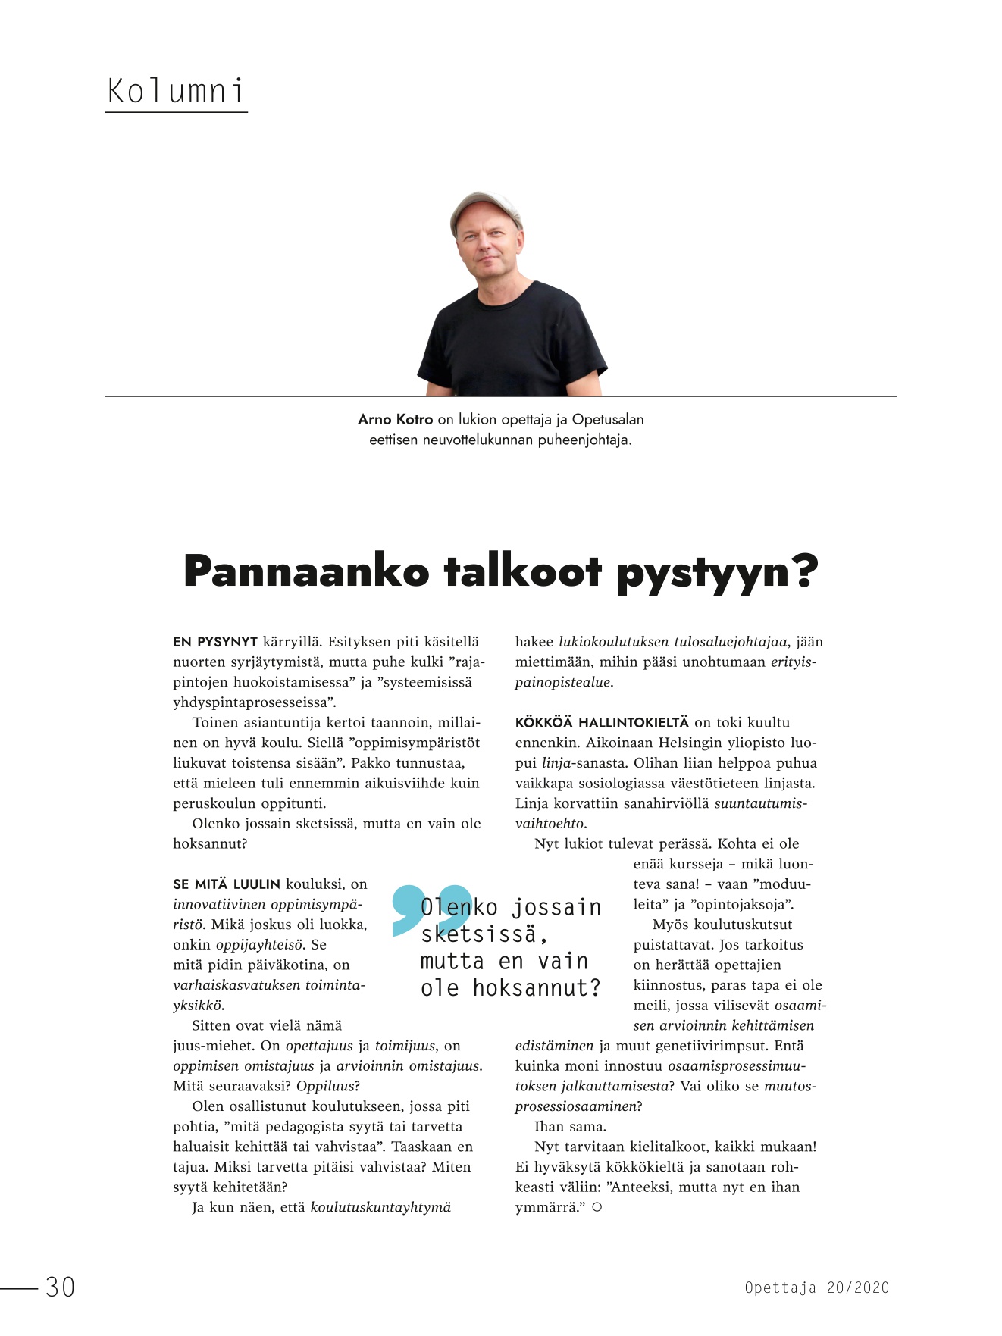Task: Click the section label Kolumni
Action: (176, 92)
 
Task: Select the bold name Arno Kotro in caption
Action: (395, 419)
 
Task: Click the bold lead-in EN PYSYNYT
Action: (215, 642)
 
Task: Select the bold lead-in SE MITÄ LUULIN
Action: (227, 884)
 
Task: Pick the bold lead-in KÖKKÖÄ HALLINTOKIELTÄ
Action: (602, 723)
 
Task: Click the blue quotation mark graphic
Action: (431, 909)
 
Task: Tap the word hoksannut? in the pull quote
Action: (536, 988)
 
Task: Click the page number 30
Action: (60, 1287)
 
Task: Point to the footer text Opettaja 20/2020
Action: (816, 1287)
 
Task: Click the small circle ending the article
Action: (597, 1207)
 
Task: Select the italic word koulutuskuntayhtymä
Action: (380, 1207)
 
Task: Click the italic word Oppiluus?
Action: (327, 1086)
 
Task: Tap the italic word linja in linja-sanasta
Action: (556, 763)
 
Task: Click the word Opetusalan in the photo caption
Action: (608, 419)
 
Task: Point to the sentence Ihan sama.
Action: (570, 1127)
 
